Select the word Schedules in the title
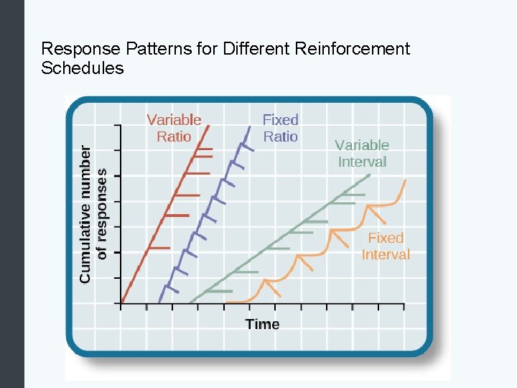[83, 68]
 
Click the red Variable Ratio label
[174, 128]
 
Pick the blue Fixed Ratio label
[280, 128]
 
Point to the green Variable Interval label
[362, 153]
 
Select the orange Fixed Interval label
[386, 246]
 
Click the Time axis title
[262, 324]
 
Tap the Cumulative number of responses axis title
[93, 213]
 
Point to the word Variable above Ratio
[174, 119]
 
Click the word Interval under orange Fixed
[386, 254]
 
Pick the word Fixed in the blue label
[280, 119]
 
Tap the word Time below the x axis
[262, 324]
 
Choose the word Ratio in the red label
[174, 137]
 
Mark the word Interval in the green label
[362, 162]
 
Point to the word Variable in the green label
[362, 144]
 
